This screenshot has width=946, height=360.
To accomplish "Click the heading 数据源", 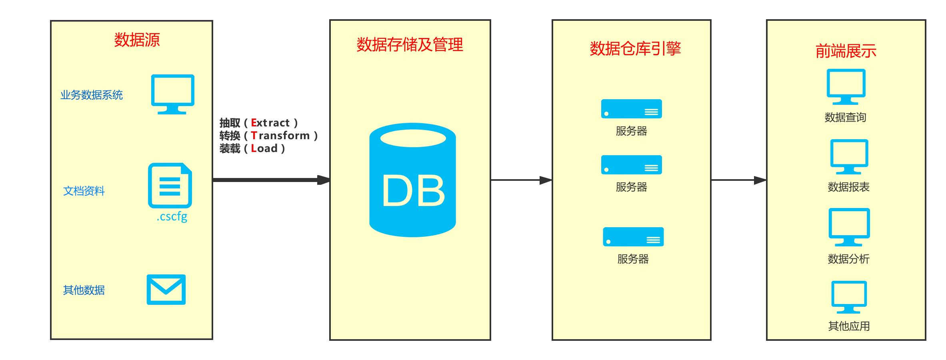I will pyautogui.click(x=137, y=40).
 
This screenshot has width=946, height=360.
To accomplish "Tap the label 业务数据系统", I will pyautogui.click(x=92, y=95).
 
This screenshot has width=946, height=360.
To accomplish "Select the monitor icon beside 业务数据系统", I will pyautogui.click(x=173, y=94).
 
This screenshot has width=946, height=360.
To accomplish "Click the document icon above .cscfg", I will pyautogui.click(x=170, y=185).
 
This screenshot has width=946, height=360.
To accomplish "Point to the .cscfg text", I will pyautogui.click(x=172, y=216).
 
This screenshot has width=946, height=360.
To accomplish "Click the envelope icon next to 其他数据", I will pyautogui.click(x=166, y=290).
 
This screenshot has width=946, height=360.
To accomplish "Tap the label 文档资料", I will pyautogui.click(x=84, y=191).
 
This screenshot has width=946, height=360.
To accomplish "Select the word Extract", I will pyautogui.click(x=270, y=123).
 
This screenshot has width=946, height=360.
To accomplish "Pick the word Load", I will pyautogui.click(x=264, y=148).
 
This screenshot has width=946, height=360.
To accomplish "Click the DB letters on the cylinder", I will pyautogui.click(x=413, y=191).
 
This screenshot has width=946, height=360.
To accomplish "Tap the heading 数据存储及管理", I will pyautogui.click(x=410, y=44).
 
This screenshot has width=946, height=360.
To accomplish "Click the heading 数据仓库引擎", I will pyautogui.click(x=635, y=48).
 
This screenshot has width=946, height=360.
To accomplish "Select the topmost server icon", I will pyautogui.click(x=631, y=109).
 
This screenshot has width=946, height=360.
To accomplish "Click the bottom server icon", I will pyautogui.click(x=633, y=237).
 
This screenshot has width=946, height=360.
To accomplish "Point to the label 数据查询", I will pyautogui.click(x=845, y=117).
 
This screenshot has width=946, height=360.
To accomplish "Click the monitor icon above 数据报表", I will pyautogui.click(x=849, y=156).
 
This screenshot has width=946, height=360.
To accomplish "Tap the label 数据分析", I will pyautogui.click(x=848, y=259).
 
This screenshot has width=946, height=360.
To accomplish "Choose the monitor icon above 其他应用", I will pyautogui.click(x=849, y=296).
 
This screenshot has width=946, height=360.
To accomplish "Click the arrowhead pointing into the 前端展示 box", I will pyautogui.click(x=760, y=180).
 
